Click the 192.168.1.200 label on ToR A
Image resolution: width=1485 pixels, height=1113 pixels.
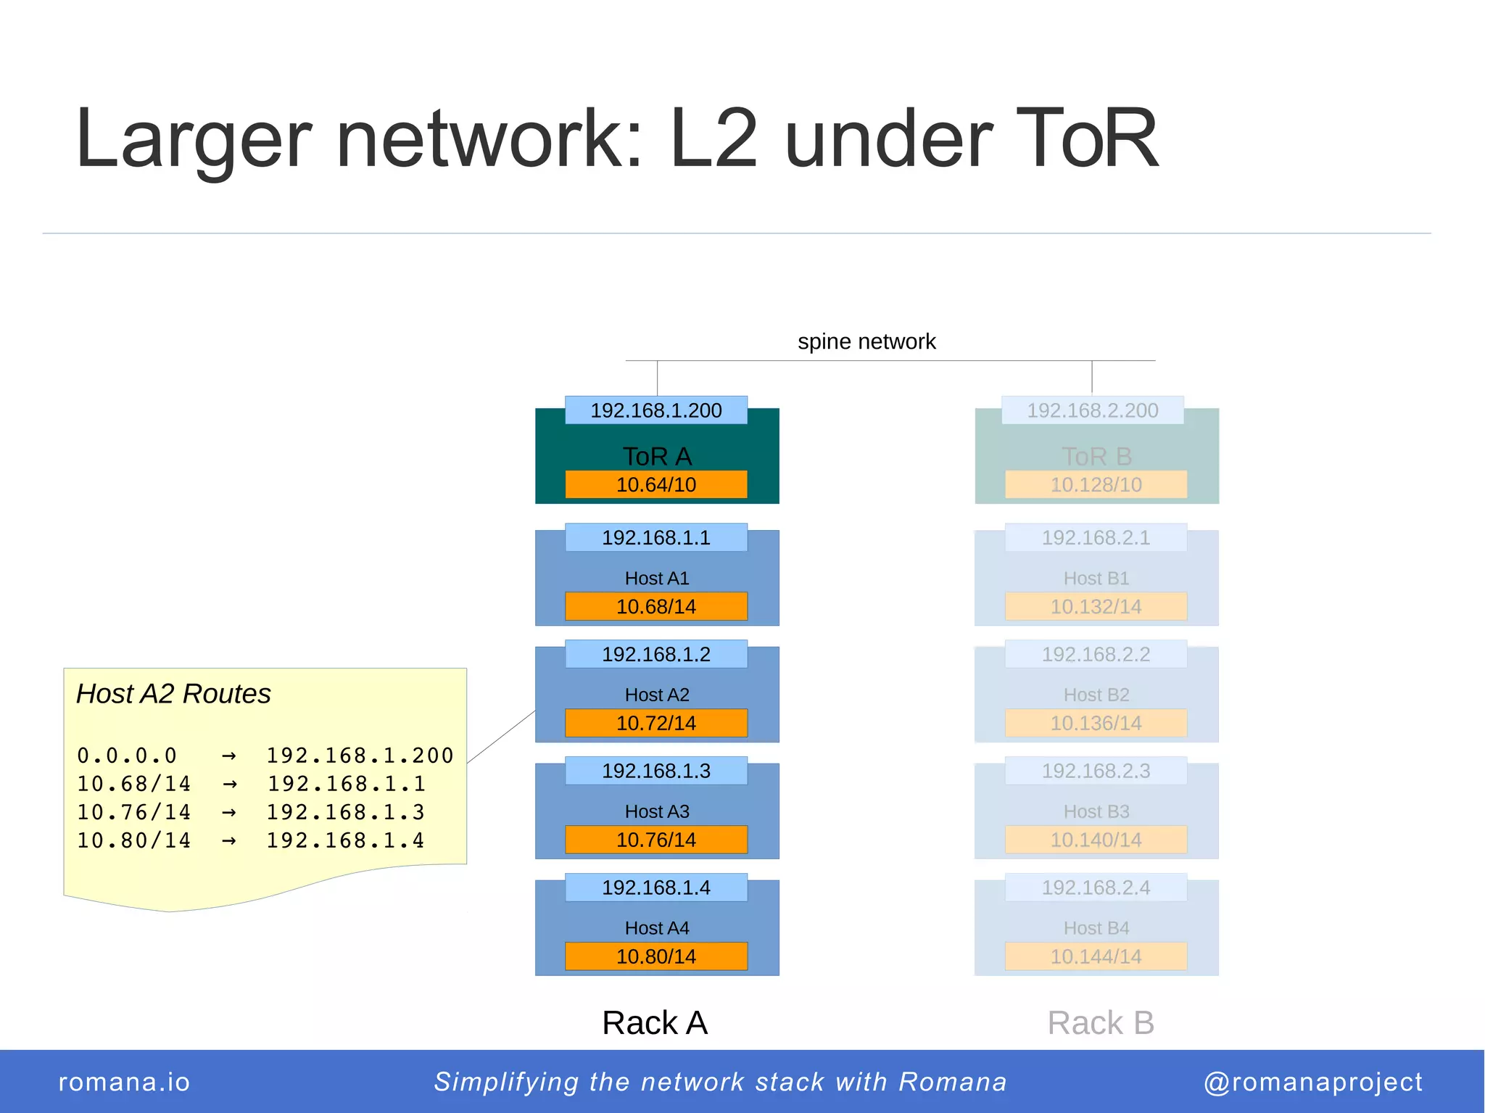(655, 410)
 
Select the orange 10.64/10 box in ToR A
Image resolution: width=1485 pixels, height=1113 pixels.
(655, 484)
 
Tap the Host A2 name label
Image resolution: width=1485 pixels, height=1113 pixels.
(657, 695)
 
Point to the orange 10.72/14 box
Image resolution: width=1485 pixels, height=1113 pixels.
(655, 723)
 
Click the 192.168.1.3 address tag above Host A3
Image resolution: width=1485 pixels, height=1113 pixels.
(655, 771)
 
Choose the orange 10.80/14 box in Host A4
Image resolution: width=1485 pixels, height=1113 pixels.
(655, 956)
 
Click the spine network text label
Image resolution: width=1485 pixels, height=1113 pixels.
(866, 342)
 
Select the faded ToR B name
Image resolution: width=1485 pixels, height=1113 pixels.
(1096, 457)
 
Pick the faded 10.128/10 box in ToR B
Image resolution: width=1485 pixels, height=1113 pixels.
(1096, 484)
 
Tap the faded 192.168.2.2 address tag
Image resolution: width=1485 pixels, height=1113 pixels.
(1096, 654)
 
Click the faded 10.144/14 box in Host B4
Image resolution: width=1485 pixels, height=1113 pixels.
(1096, 956)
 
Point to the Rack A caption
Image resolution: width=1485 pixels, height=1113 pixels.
(655, 1023)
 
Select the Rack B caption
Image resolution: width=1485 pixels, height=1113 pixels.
(1100, 1023)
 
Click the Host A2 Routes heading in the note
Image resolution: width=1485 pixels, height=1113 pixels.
(173, 694)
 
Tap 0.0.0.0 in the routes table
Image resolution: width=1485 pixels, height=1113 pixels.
(127, 756)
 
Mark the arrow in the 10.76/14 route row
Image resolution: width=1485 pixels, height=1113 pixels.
(229, 813)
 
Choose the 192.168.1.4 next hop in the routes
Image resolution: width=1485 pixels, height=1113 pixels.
(345, 840)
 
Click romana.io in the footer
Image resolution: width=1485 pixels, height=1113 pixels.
(124, 1082)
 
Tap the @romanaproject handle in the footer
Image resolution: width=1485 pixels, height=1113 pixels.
(1313, 1082)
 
